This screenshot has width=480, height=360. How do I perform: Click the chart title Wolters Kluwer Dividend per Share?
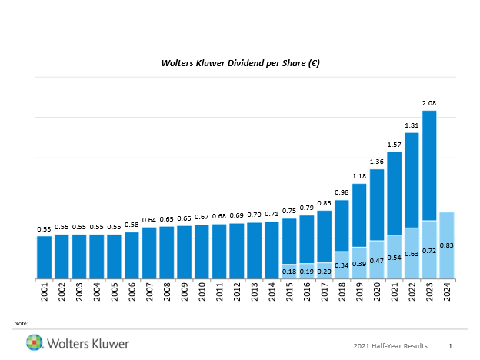(x=240, y=64)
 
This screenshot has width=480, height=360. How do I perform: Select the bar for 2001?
(x=45, y=257)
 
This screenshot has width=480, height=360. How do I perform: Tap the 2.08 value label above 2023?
(x=429, y=103)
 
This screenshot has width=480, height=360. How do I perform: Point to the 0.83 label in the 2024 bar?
(x=446, y=245)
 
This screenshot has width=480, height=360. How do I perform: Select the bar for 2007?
(x=149, y=252)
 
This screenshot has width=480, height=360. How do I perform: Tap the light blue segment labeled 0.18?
(x=289, y=271)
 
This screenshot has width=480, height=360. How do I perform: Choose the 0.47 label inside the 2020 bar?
(x=377, y=261)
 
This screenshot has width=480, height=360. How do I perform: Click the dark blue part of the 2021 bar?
(x=394, y=193)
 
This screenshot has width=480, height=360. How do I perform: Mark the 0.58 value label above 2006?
(x=132, y=224)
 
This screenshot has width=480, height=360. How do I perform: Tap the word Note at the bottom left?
(x=21, y=323)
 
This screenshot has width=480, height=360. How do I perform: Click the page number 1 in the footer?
(x=450, y=346)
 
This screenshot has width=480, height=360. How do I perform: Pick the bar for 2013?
(x=255, y=250)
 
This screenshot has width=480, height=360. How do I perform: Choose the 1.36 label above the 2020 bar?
(x=377, y=162)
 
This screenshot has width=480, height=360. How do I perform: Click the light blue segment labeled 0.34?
(x=342, y=265)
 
